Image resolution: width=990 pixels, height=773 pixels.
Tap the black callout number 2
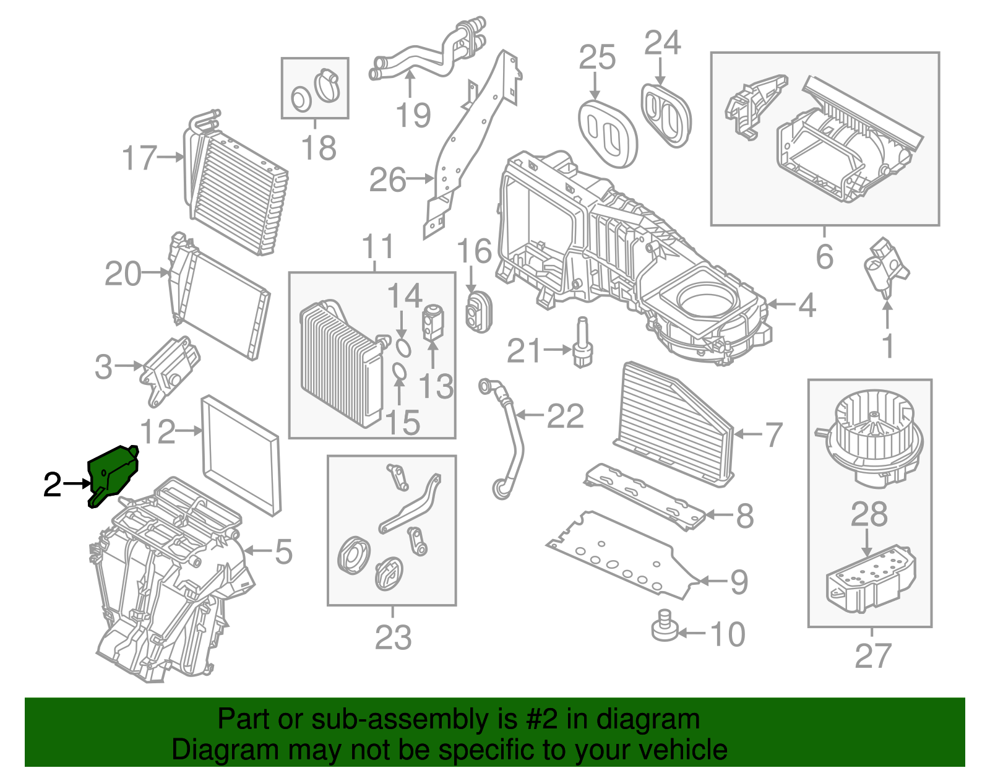click(x=53, y=485)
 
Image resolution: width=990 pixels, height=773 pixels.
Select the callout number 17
click(x=140, y=158)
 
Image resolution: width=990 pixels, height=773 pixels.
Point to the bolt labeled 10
click(x=665, y=626)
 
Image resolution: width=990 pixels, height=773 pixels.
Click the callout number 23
click(x=393, y=637)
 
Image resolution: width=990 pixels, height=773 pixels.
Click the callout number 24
click(x=662, y=43)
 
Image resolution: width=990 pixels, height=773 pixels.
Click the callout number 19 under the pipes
click(x=413, y=115)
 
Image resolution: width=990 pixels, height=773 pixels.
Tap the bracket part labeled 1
click(x=886, y=267)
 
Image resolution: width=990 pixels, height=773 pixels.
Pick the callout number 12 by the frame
click(x=158, y=431)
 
